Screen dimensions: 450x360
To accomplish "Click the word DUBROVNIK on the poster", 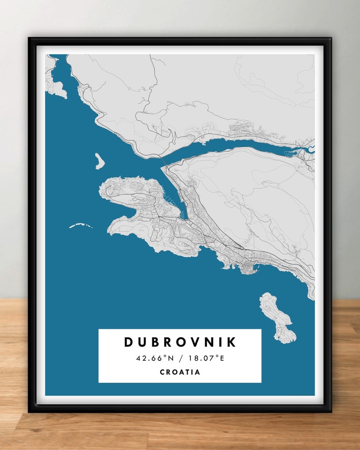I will [x=180, y=342].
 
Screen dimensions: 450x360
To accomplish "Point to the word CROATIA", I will [x=180, y=372].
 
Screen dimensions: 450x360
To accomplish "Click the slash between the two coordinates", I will [x=180, y=358].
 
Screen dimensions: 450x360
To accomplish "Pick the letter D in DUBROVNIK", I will [x=129, y=342].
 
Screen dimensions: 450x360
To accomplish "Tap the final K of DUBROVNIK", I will [x=232, y=342].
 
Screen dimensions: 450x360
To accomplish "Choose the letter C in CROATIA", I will [x=162, y=372].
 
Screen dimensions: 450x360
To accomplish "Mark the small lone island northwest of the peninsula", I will [x=99, y=161].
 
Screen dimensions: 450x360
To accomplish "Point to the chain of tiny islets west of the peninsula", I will [x=81, y=225].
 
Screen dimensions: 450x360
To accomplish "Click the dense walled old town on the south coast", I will [x=248, y=267].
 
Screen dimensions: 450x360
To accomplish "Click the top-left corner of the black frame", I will [x=30, y=39].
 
